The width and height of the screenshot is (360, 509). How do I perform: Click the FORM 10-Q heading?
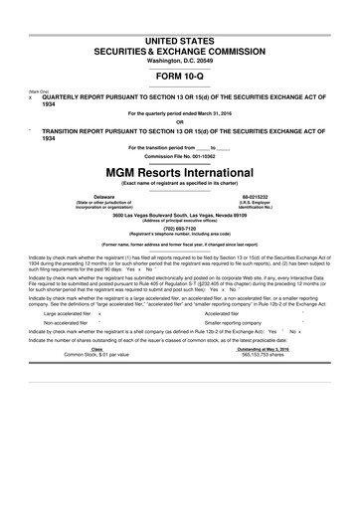click(179, 74)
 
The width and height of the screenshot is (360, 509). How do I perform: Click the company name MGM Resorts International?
click(179, 170)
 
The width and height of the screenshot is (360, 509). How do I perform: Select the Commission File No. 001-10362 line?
click(179, 156)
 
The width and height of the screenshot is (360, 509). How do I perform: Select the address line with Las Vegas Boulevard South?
click(179, 213)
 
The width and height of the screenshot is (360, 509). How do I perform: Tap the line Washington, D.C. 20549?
click(179, 59)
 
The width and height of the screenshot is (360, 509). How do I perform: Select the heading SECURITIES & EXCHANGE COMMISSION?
click(179, 49)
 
